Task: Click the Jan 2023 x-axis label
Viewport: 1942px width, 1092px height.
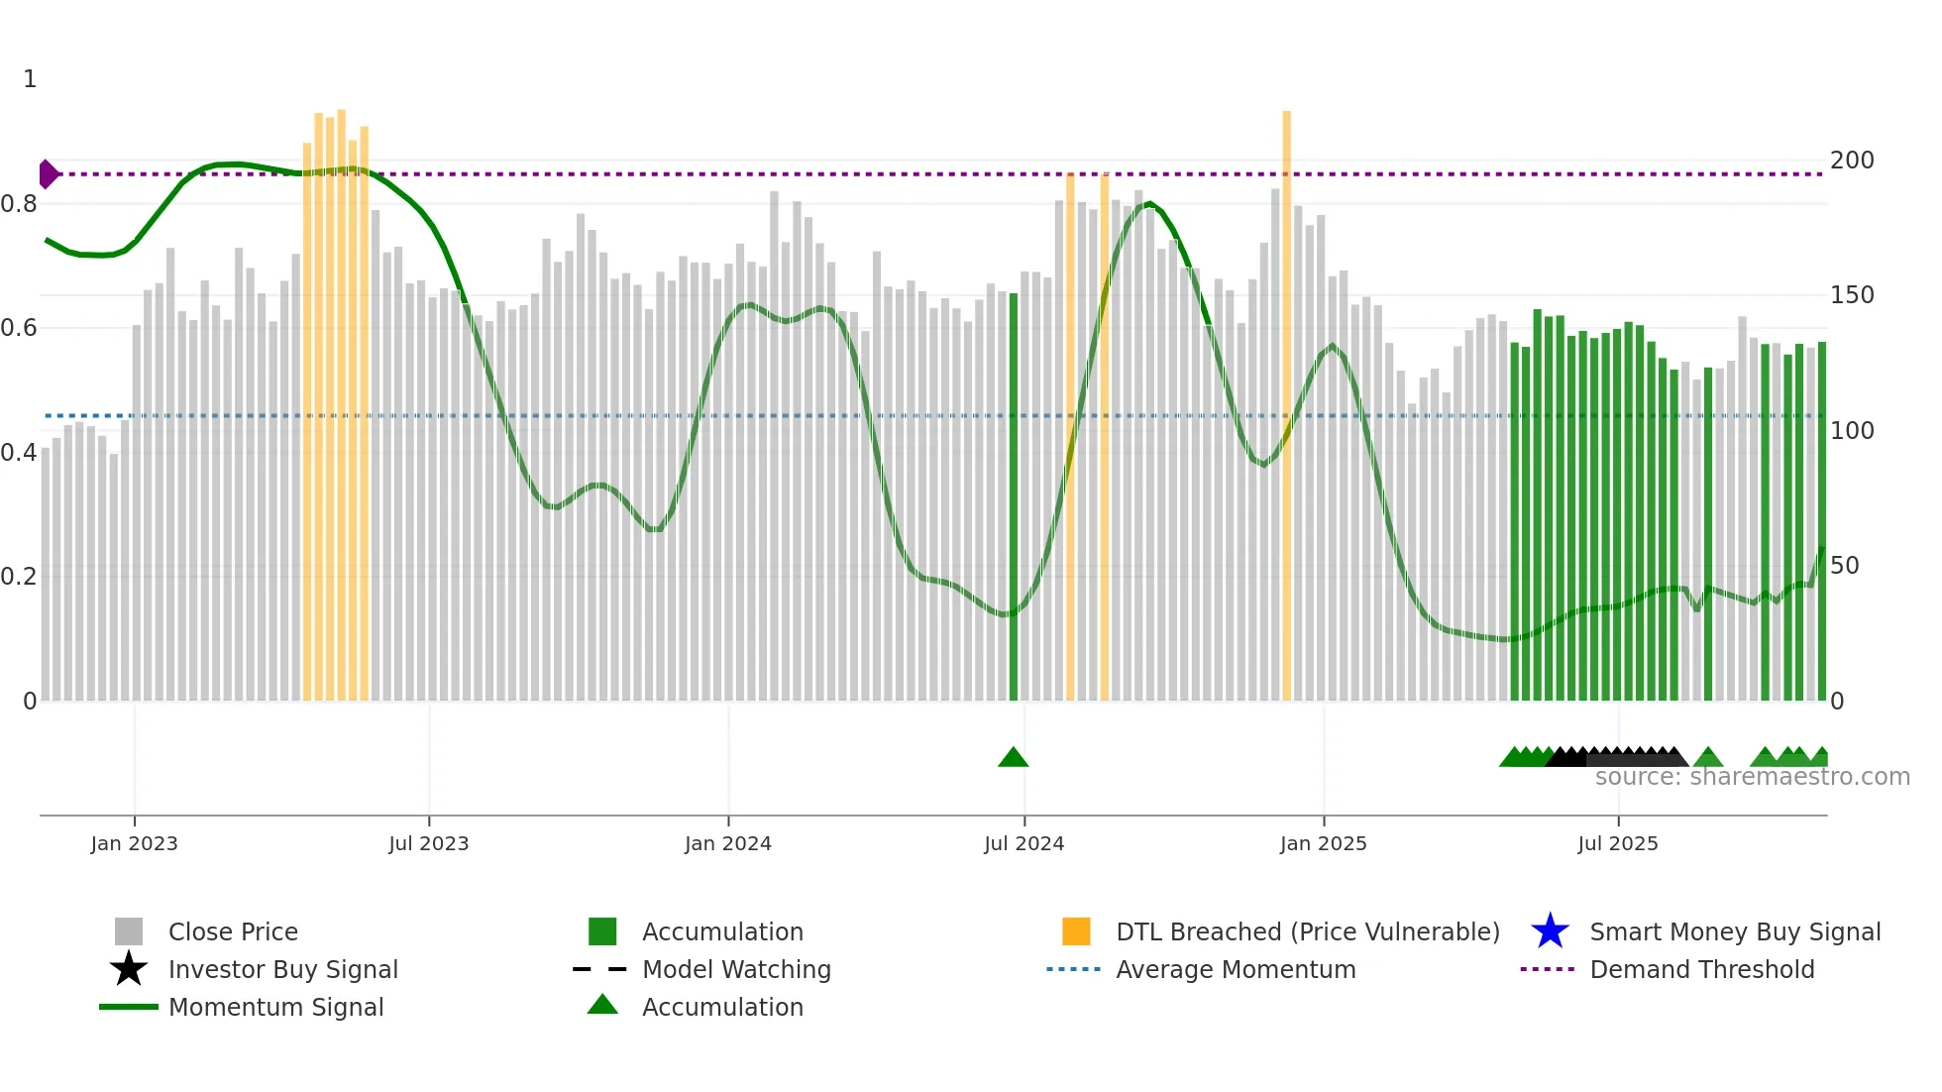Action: [x=134, y=843]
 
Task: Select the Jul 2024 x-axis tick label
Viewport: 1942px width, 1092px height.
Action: [x=1024, y=843]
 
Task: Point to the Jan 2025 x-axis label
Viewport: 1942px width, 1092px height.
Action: [x=1323, y=843]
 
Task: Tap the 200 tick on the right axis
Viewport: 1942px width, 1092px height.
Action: [x=1852, y=161]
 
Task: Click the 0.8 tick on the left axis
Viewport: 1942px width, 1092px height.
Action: [x=19, y=204]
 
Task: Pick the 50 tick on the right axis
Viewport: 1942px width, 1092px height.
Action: [x=1845, y=566]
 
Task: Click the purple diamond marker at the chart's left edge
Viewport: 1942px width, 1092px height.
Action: [x=48, y=174]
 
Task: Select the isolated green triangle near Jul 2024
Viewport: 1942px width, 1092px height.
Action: [x=1013, y=758]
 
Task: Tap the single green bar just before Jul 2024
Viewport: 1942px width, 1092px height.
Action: [x=1013, y=495]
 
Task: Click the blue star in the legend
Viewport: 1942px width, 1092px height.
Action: [x=1550, y=931]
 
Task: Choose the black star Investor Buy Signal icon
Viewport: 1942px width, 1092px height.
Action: [x=129, y=969]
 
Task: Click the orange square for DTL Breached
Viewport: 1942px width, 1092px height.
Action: [x=1076, y=931]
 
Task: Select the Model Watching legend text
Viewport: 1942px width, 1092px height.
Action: [x=736, y=969]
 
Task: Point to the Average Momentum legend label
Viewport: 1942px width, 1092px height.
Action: [x=1236, y=969]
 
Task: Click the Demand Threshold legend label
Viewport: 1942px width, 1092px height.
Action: [x=1701, y=969]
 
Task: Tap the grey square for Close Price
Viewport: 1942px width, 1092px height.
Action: [x=129, y=931]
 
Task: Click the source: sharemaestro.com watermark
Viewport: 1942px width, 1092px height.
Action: [x=1752, y=777]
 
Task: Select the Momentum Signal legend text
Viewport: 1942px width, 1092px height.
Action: [x=275, y=1007]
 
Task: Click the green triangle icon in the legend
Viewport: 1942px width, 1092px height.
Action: [x=602, y=1005]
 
